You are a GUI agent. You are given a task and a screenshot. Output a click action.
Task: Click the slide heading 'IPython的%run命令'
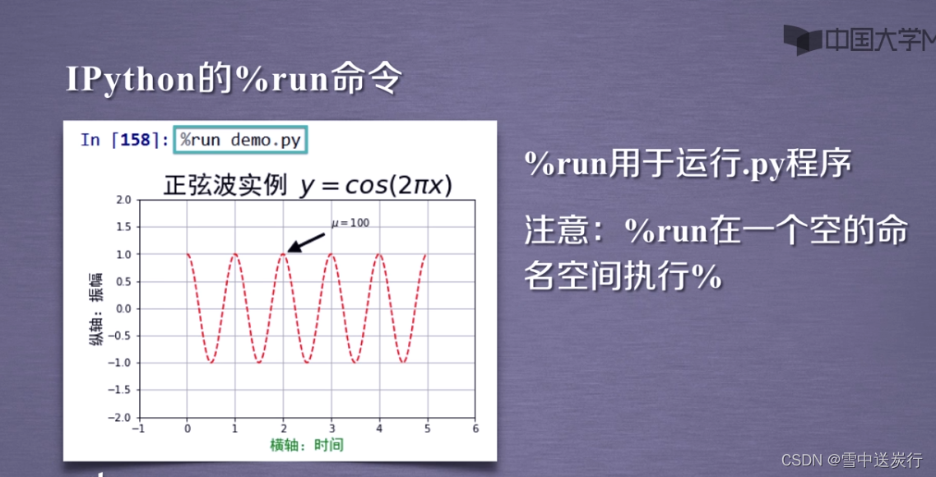click(234, 80)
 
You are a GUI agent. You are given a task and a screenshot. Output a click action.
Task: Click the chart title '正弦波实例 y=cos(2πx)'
click(308, 186)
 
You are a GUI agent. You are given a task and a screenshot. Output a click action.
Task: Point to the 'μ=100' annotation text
click(350, 223)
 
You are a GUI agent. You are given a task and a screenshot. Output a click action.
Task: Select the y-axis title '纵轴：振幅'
click(96, 309)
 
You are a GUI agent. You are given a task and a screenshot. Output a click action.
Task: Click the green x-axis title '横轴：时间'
click(307, 445)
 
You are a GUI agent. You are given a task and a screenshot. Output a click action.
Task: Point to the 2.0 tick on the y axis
click(123, 200)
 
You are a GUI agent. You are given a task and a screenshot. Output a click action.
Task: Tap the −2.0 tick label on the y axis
click(120, 417)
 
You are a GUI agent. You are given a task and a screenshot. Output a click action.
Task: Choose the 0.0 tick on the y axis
click(123, 308)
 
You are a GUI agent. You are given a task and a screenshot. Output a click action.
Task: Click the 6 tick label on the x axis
click(475, 428)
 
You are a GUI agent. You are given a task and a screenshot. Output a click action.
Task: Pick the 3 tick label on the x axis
click(331, 428)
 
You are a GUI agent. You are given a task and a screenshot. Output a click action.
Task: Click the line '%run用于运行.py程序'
click(688, 165)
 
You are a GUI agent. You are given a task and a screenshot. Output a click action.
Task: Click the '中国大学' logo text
click(872, 39)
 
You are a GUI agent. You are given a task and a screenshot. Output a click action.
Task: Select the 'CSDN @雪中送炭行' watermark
click(850, 460)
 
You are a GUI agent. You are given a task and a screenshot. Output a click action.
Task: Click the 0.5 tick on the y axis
click(123, 281)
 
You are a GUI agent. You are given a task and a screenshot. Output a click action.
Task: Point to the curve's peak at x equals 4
click(379, 254)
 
